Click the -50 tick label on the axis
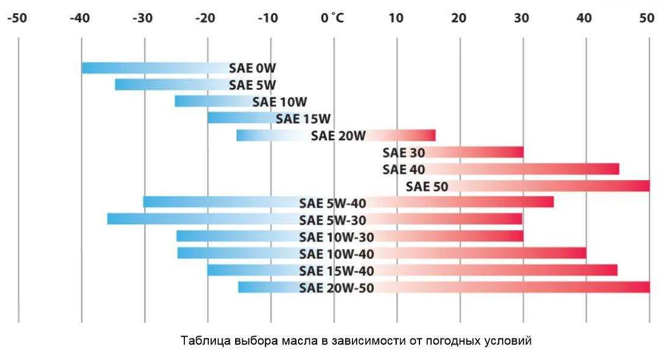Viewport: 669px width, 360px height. click(x=17, y=18)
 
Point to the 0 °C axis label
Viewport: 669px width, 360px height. click(x=332, y=18)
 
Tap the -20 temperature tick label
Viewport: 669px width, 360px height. click(x=205, y=18)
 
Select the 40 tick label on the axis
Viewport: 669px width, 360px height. click(x=584, y=18)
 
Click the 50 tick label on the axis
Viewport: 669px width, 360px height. click(x=647, y=18)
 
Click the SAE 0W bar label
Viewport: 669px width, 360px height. click(x=253, y=68)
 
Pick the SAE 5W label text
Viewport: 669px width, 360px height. click(x=253, y=85)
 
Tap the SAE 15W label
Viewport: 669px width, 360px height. click(x=303, y=118)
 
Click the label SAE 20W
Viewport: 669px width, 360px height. click(x=338, y=136)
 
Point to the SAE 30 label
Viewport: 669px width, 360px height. click(x=403, y=152)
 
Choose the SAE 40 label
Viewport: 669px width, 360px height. click(x=403, y=169)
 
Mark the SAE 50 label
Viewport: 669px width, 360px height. click(x=427, y=187)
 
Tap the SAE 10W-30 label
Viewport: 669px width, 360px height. click(x=336, y=237)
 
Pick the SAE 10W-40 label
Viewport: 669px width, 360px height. click(x=336, y=254)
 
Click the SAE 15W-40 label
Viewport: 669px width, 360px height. click(x=336, y=271)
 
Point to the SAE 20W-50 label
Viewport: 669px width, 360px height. click(x=336, y=288)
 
